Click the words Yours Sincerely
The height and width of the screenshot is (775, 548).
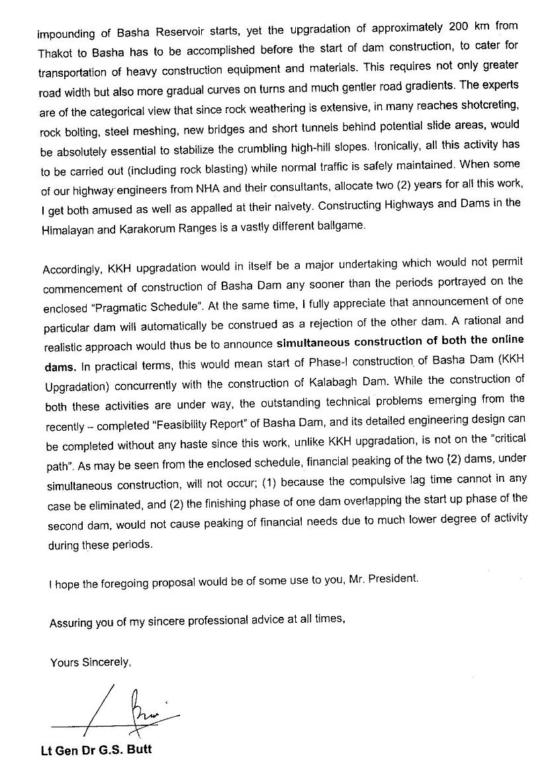[x=90, y=662]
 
